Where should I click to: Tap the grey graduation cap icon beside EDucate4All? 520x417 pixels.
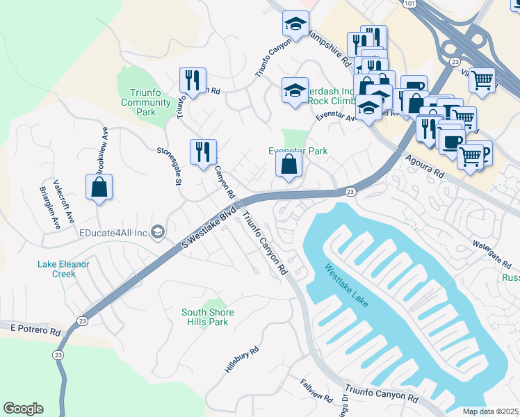click(x=158, y=232)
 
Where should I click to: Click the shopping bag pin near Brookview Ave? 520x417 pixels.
click(x=99, y=187)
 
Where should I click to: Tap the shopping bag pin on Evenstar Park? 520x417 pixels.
click(x=289, y=165)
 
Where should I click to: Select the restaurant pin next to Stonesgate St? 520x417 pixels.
click(x=203, y=152)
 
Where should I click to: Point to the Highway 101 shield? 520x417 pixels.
click(x=409, y=4)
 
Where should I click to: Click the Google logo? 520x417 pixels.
click(x=24, y=409)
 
